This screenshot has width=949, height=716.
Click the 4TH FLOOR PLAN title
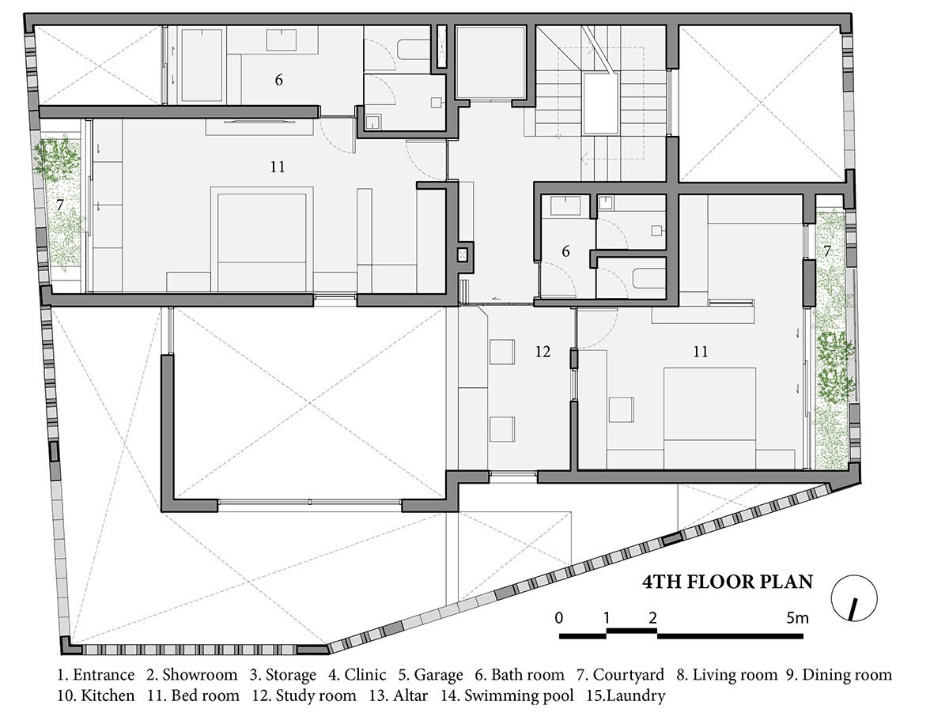click(728, 582)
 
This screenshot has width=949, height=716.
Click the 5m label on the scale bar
click(797, 619)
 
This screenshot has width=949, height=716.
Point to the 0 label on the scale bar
click(559, 618)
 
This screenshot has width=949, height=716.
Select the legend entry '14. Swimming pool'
click(508, 695)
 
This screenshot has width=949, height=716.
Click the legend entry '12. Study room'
click(304, 695)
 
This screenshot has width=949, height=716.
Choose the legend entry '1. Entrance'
click(96, 675)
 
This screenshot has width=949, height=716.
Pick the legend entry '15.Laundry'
click(626, 696)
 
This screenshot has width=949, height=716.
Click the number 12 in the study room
click(543, 352)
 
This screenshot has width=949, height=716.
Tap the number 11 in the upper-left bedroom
click(278, 167)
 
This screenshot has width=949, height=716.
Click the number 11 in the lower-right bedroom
click(701, 352)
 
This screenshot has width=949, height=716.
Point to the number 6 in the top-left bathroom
click(279, 80)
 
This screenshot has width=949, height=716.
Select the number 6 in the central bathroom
click(565, 251)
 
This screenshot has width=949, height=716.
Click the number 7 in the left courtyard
click(60, 205)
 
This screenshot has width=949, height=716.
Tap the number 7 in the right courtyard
click(827, 251)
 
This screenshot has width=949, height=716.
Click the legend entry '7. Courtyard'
click(621, 675)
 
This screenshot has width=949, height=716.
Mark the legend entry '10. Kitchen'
click(96, 695)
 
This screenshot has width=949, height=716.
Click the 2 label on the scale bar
click(652, 618)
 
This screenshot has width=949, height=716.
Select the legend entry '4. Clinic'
click(357, 675)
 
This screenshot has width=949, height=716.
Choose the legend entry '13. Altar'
click(399, 695)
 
